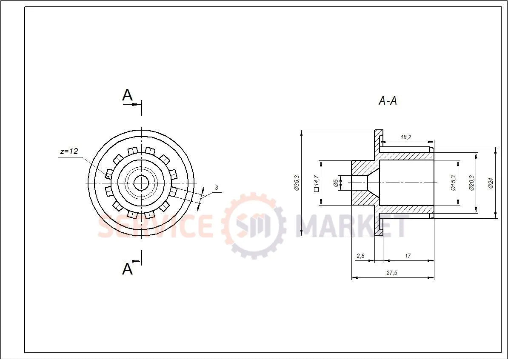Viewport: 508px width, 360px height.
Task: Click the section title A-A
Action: pyautogui.click(x=388, y=101)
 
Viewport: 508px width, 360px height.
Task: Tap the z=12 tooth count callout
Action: pyautogui.click(x=69, y=151)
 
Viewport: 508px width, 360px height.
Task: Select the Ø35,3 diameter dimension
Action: pyautogui.click(x=297, y=183)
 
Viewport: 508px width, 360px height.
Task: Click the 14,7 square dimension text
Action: pyautogui.click(x=316, y=183)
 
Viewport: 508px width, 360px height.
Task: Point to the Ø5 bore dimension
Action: pyautogui.click(x=336, y=183)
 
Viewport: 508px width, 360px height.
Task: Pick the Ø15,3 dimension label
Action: pyautogui.click(x=453, y=183)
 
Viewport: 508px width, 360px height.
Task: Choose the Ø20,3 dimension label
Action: pyautogui.click(x=471, y=183)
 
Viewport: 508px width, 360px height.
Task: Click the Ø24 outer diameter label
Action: pyautogui.click(x=491, y=183)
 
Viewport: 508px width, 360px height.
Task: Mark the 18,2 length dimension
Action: pyautogui.click(x=406, y=137)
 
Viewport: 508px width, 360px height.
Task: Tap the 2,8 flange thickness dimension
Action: pyautogui.click(x=360, y=256)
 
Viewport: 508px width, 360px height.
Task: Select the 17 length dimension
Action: pyautogui.click(x=408, y=256)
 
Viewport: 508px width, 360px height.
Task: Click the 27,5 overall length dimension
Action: pyautogui.click(x=391, y=273)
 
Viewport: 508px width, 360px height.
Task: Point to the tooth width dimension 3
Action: pyautogui.click(x=216, y=188)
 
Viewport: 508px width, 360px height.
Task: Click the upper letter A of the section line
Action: pyautogui.click(x=127, y=95)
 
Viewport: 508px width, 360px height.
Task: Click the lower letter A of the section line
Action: pyautogui.click(x=127, y=269)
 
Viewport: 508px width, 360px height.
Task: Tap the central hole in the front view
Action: pyautogui.click(x=141, y=183)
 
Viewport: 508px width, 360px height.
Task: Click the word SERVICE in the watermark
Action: pyautogui.click(x=155, y=226)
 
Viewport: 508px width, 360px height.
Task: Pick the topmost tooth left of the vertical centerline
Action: pyautogui.click(x=132, y=151)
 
